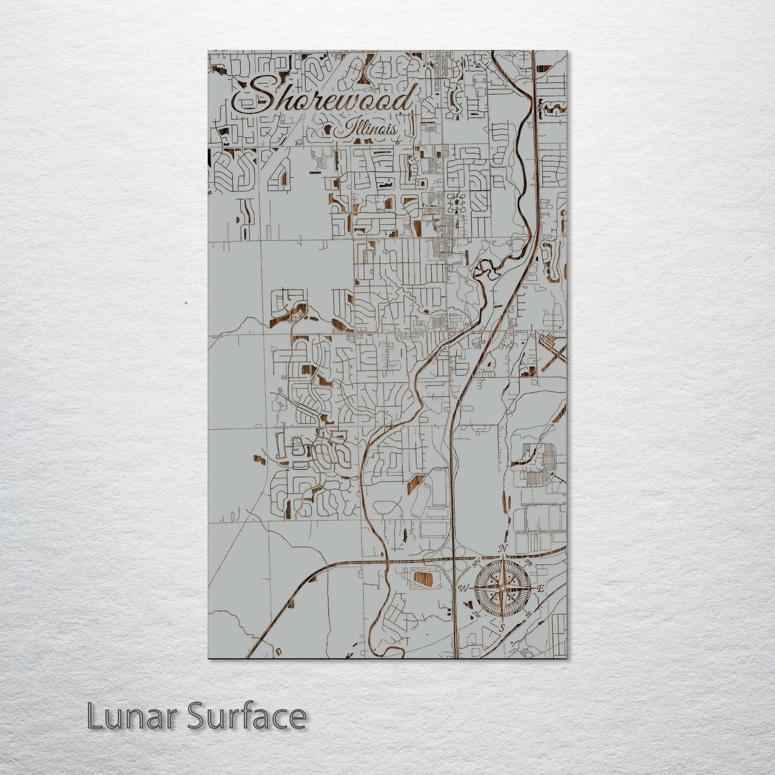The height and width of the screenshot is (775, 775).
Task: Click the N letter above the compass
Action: (503, 549)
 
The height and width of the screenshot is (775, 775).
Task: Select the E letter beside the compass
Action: (541, 589)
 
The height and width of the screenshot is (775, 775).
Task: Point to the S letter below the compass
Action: (502, 628)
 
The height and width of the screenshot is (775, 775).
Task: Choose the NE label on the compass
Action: (529, 563)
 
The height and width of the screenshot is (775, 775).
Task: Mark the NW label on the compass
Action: (475, 563)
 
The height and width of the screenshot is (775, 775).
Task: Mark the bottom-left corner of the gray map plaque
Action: (209, 658)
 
